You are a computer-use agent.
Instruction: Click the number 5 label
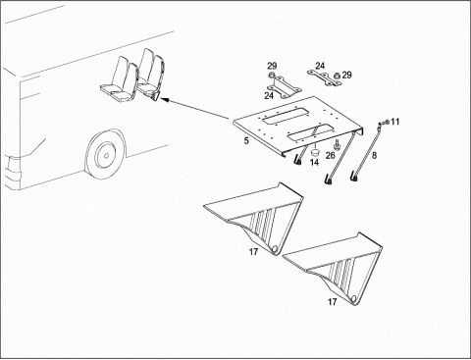point(246,141)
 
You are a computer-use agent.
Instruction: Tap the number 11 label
point(395,122)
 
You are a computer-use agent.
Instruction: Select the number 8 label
point(374,155)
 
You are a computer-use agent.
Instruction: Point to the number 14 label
point(314,162)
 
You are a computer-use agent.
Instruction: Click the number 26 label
point(331,155)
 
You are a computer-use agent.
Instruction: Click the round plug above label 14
point(315,152)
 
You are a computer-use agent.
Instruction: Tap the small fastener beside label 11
point(387,123)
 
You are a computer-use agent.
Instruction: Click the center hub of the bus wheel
point(107,155)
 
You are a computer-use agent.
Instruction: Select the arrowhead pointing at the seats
point(165,99)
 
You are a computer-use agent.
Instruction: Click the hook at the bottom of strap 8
point(355,178)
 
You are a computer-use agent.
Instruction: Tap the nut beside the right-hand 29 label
point(337,76)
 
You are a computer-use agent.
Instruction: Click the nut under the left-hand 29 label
point(271,76)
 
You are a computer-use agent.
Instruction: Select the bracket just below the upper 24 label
point(324,77)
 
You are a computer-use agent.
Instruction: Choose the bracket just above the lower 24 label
point(284,86)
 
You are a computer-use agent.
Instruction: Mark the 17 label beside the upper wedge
point(253,252)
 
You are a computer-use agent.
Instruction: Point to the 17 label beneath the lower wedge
point(332,302)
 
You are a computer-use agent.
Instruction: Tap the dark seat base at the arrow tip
point(156,96)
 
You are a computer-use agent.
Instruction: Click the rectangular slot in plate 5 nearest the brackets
point(286,117)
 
